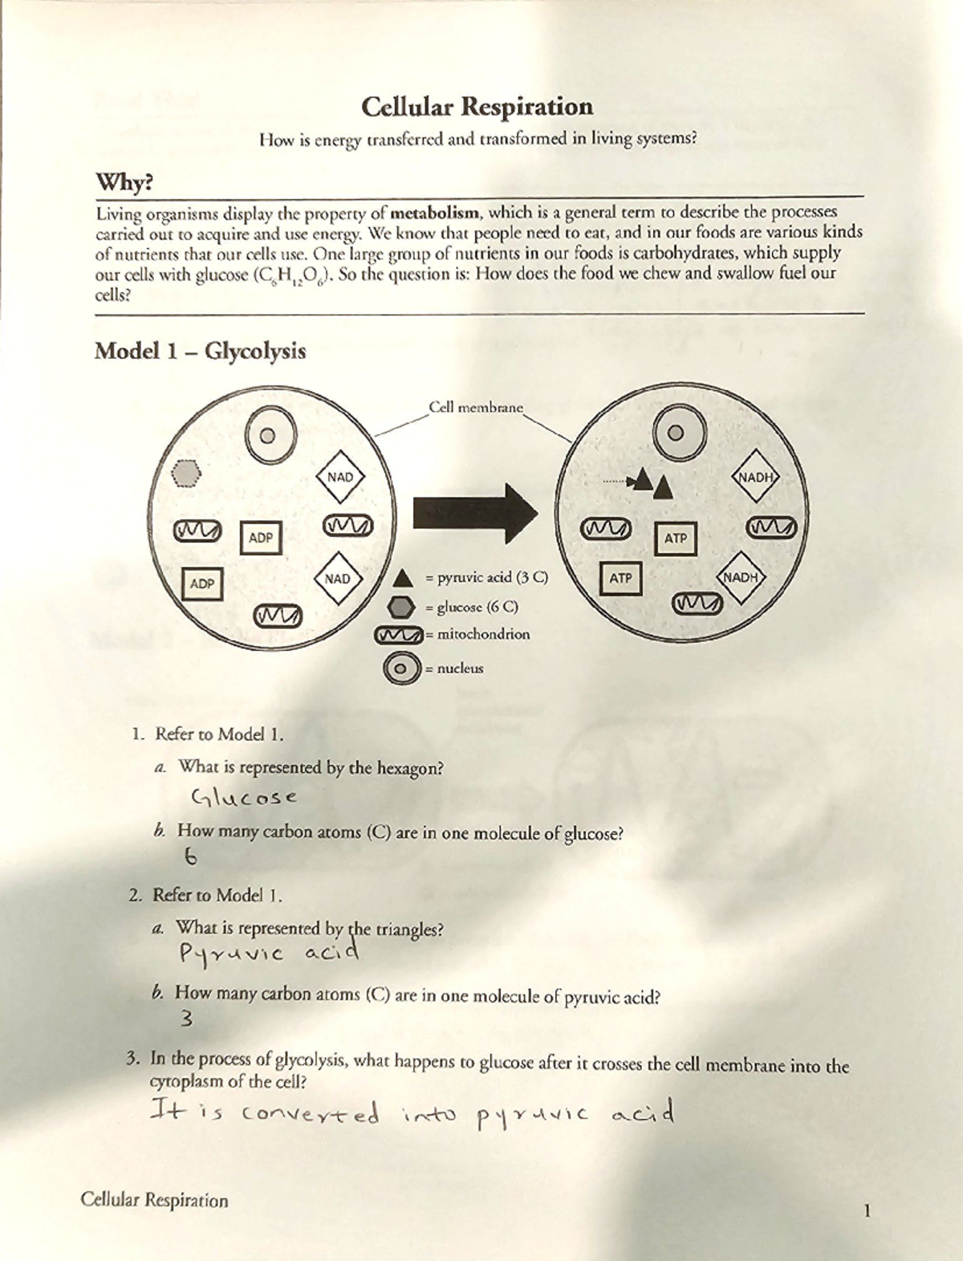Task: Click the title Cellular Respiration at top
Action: [x=477, y=107]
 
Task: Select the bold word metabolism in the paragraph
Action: [x=437, y=214]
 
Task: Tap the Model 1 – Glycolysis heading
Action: [x=200, y=352]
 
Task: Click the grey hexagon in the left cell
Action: [x=187, y=474]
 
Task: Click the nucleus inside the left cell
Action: [x=270, y=435]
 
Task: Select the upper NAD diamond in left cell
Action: [x=340, y=477]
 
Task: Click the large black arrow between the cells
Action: [x=474, y=512]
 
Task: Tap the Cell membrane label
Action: [x=475, y=407]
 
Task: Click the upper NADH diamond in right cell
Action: [x=757, y=477]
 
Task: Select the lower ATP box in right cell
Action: [x=621, y=577]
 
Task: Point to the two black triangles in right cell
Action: [x=651, y=484]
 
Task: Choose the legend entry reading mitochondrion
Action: [x=483, y=634]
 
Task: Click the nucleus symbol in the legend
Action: [x=402, y=668]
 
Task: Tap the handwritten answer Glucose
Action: [x=245, y=798]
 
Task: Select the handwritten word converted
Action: [x=310, y=1115]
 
